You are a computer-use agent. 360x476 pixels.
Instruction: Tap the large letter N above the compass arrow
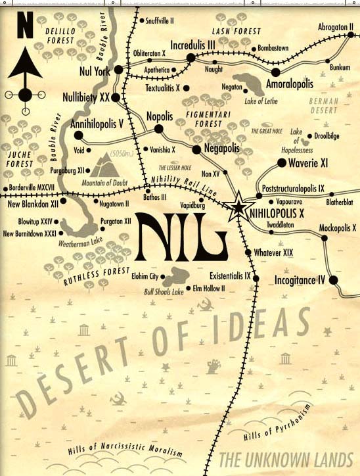pos(25,28)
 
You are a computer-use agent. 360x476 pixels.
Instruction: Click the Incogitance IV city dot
pos(333,280)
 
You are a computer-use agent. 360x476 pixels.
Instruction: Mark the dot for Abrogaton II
pos(346,37)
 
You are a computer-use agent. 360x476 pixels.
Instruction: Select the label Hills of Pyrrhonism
pos(276,421)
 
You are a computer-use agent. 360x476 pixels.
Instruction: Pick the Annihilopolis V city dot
pos(79,135)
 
